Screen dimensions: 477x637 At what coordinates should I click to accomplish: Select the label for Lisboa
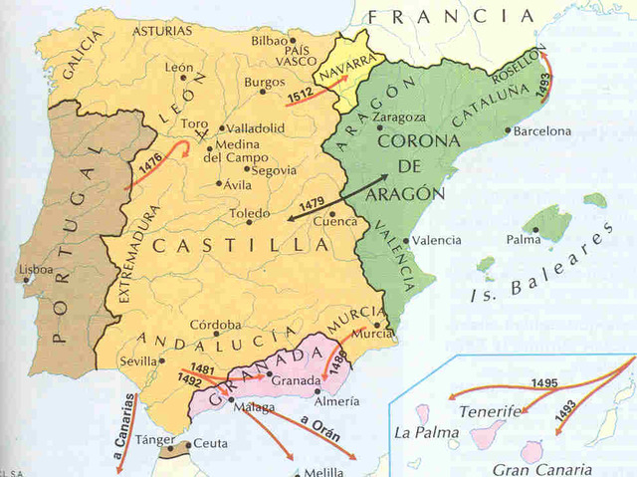point(35,269)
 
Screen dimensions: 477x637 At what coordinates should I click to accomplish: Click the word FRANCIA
point(450,16)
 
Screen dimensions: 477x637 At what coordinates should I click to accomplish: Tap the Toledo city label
point(248,213)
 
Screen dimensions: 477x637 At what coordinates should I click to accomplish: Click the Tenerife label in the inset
point(489,410)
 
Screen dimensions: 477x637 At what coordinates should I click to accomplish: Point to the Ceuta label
point(210,442)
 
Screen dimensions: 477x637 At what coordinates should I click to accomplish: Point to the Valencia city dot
point(408,240)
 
